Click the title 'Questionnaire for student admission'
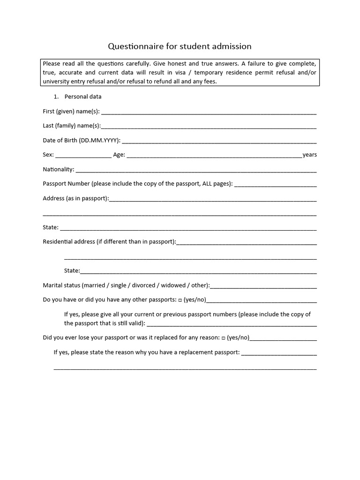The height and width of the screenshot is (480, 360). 180,46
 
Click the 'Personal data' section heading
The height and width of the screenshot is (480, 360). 83,97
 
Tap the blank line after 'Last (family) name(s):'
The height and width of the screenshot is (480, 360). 209,127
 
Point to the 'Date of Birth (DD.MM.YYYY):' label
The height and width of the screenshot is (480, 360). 82,140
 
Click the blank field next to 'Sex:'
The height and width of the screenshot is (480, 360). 83,156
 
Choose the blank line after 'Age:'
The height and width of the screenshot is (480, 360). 214,156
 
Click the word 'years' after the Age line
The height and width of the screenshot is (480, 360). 310,155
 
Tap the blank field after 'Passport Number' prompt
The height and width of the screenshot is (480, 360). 276,185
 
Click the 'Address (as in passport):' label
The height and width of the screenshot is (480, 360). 75,198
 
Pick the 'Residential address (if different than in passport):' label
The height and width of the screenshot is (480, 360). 109,242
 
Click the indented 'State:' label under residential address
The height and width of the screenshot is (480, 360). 72,270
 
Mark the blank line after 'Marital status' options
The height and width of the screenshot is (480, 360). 263,286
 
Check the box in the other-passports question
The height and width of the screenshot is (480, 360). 180,300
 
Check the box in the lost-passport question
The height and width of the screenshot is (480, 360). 223,337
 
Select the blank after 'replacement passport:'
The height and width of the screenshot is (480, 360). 279,353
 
